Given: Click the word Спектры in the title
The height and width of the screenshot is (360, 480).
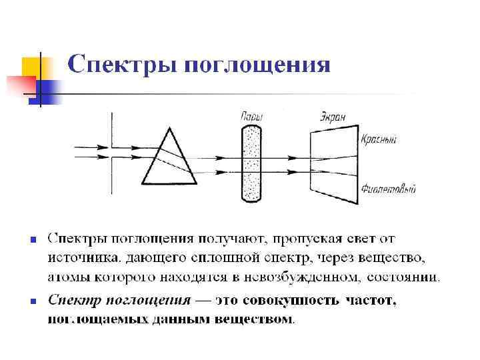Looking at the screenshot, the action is [121, 65].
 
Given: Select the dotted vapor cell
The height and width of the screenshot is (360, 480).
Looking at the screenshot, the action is [251, 162].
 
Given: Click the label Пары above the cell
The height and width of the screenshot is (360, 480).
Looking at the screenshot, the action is [251, 117].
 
